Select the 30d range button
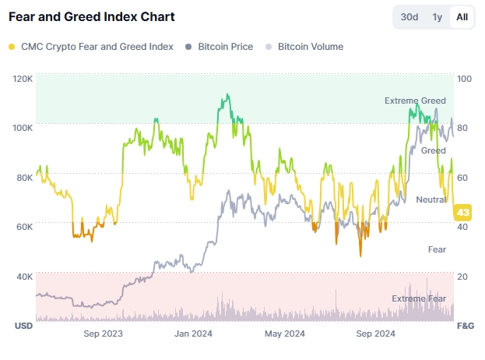[x=409, y=17]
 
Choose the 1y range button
[x=438, y=17]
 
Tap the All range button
[x=462, y=17]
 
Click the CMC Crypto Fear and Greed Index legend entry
[x=95, y=47]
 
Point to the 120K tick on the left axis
[x=23, y=79]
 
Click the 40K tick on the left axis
[x=23, y=277]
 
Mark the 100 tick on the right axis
[x=465, y=79]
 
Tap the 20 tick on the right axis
[x=462, y=277]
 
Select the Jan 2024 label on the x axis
[x=193, y=334]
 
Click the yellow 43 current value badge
[x=463, y=212]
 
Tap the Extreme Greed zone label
[x=415, y=101]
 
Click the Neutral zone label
[x=431, y=200]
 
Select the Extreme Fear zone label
[x=419, y=298]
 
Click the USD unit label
[x=23, y=324]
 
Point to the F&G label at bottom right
[x=465, y=324]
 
